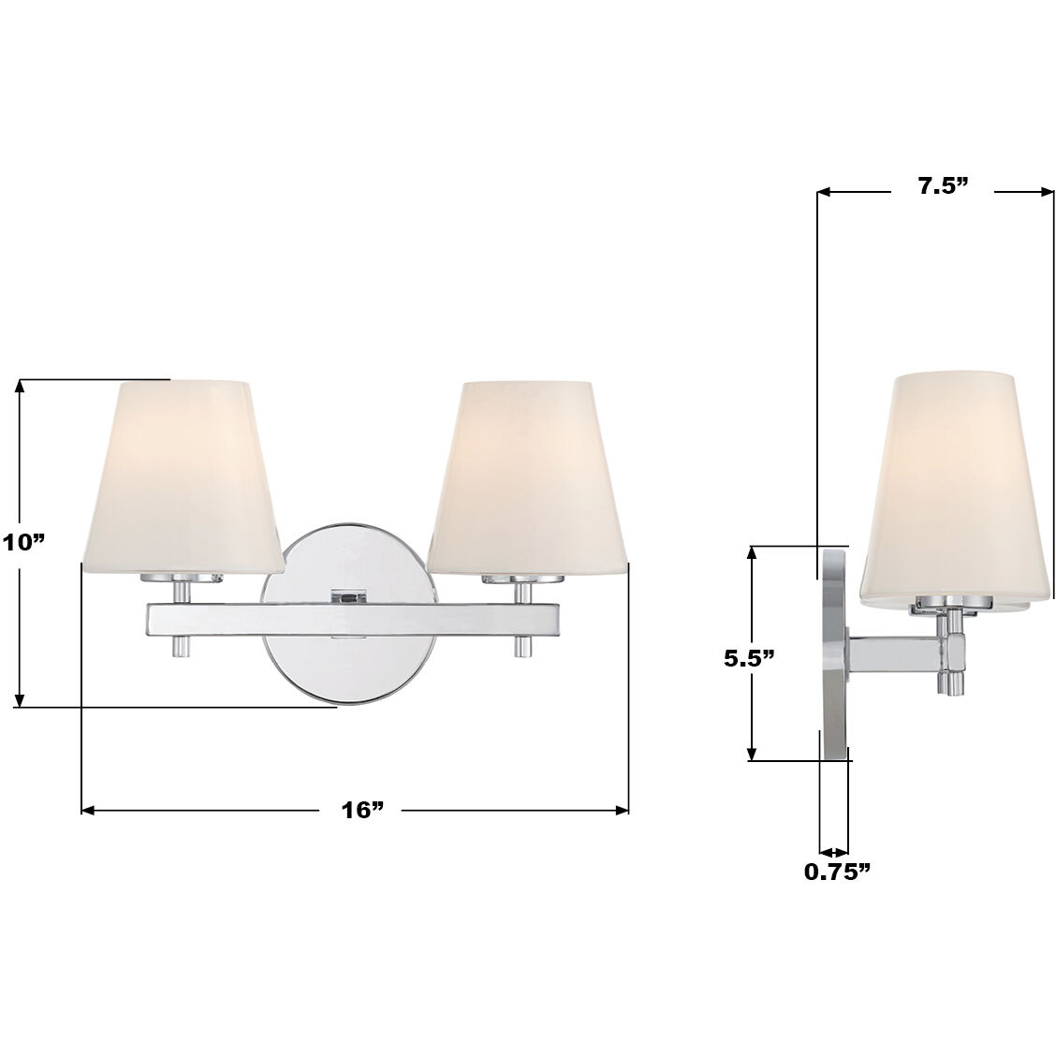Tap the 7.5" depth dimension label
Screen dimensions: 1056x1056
pyautogui.click(x=941, y=186)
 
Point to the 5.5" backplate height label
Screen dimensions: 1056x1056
pyautogui.click(x=749, y=659)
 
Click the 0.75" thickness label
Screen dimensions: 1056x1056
pyautogui.click(x=837, y=873)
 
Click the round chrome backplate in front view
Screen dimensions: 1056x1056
pyautogui.click(x=349, y=655)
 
